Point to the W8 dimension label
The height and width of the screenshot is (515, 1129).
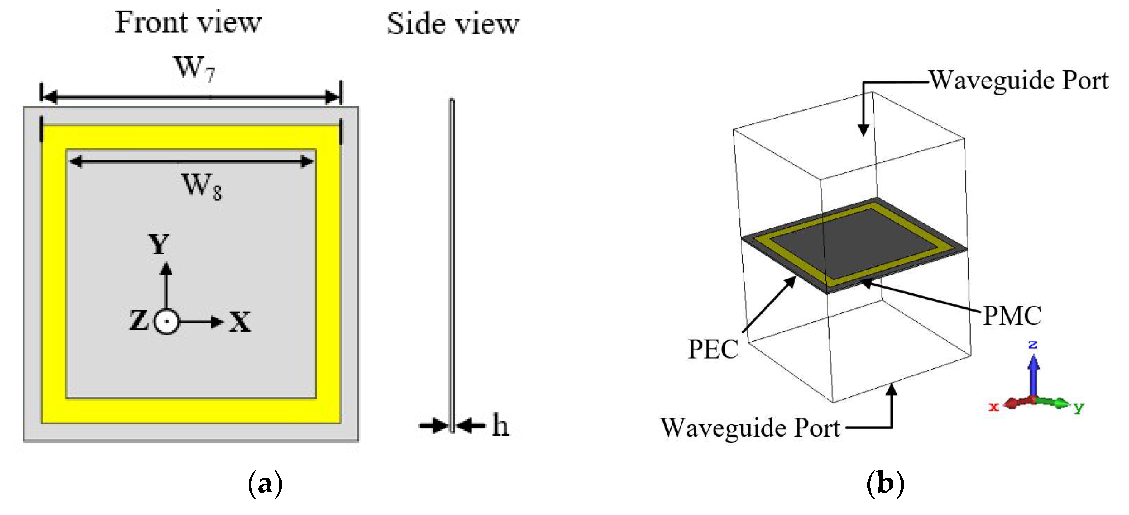tap(202, 186)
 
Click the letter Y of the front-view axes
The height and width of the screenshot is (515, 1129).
tap(159, 244)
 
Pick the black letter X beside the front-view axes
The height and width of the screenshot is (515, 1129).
tap(240, 322)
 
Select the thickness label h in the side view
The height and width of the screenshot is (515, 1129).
tap(500, 425)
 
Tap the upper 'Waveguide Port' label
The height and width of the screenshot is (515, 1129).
tap(1019, 80)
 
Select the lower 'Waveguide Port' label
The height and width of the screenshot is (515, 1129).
tap(750, 428)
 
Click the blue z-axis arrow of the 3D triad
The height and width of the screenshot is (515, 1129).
tap(1033, 372)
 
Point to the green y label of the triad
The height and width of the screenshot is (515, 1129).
tap(1079, 408)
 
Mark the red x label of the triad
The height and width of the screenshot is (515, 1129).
tap(994, 407)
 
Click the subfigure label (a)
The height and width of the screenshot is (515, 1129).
tap(265, 484)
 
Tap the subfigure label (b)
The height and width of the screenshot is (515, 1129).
tap(885, 484)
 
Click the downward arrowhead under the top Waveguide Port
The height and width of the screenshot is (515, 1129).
tap(863, 130)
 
